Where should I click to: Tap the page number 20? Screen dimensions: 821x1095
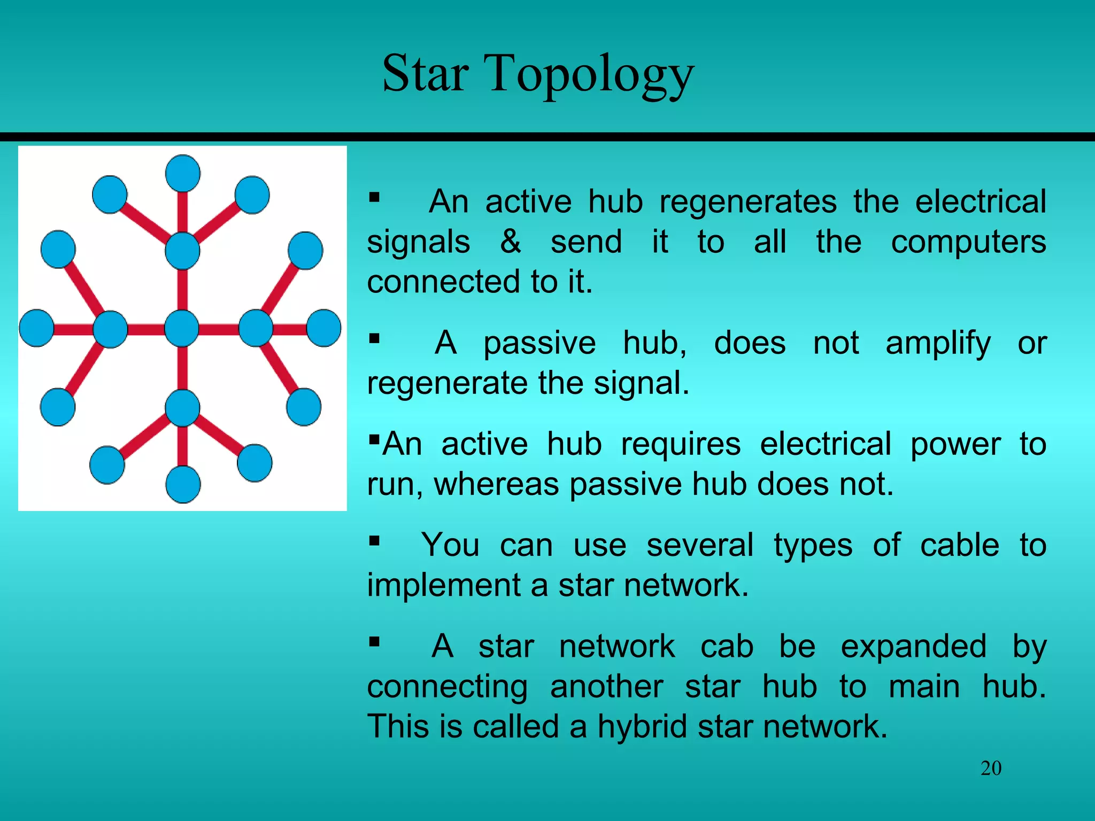click(991, 769)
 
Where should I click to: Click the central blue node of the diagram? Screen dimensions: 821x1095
click(182, 328)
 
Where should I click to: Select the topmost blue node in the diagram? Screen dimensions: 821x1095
click(183, 173)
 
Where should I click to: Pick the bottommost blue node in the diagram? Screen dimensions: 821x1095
click(183, 484)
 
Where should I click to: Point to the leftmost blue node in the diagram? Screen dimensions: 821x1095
click(36, 328)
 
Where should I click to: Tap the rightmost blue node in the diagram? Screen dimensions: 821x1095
click(323, 328)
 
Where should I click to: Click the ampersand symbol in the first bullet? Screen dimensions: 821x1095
click(511, 242)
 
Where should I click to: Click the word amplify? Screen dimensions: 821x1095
click(938, 343)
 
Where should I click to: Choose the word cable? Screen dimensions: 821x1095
click(959, 545)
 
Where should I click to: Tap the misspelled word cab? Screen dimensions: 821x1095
click(727, 646)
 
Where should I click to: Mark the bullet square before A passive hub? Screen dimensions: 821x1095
click(374, 338)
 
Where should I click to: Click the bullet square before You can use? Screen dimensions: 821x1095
click(374, 541)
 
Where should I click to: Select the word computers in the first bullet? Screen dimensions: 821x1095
click(968, 242)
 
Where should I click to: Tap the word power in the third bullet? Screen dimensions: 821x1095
click(955, 444)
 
